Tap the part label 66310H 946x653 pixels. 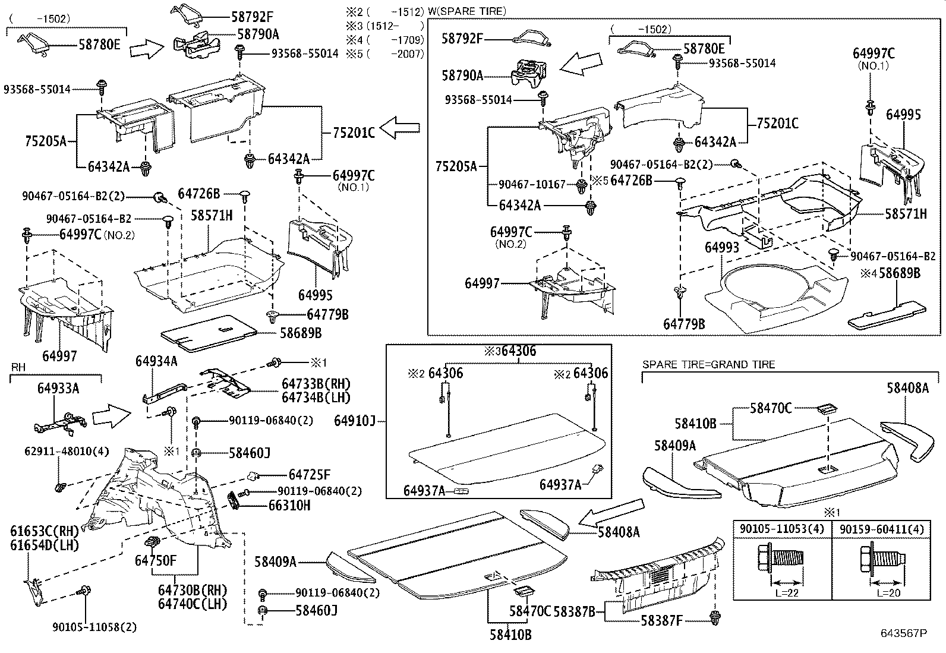(289, 506)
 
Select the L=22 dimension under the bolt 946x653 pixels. (781, 592)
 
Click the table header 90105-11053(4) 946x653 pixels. (781, 529)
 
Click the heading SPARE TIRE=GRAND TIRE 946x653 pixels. (708, 364)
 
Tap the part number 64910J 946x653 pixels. (354, 421)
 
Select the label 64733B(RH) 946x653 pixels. (316, 384)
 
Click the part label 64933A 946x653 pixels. (58, 389)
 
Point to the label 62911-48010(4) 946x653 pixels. (59, 451)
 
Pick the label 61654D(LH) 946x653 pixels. (45, 544)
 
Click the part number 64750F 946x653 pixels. (155, 560)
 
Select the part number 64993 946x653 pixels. (722, 247)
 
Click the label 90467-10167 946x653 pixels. (532, 185)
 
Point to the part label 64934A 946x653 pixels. (156, 361)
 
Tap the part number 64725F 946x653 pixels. (309, 475)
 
